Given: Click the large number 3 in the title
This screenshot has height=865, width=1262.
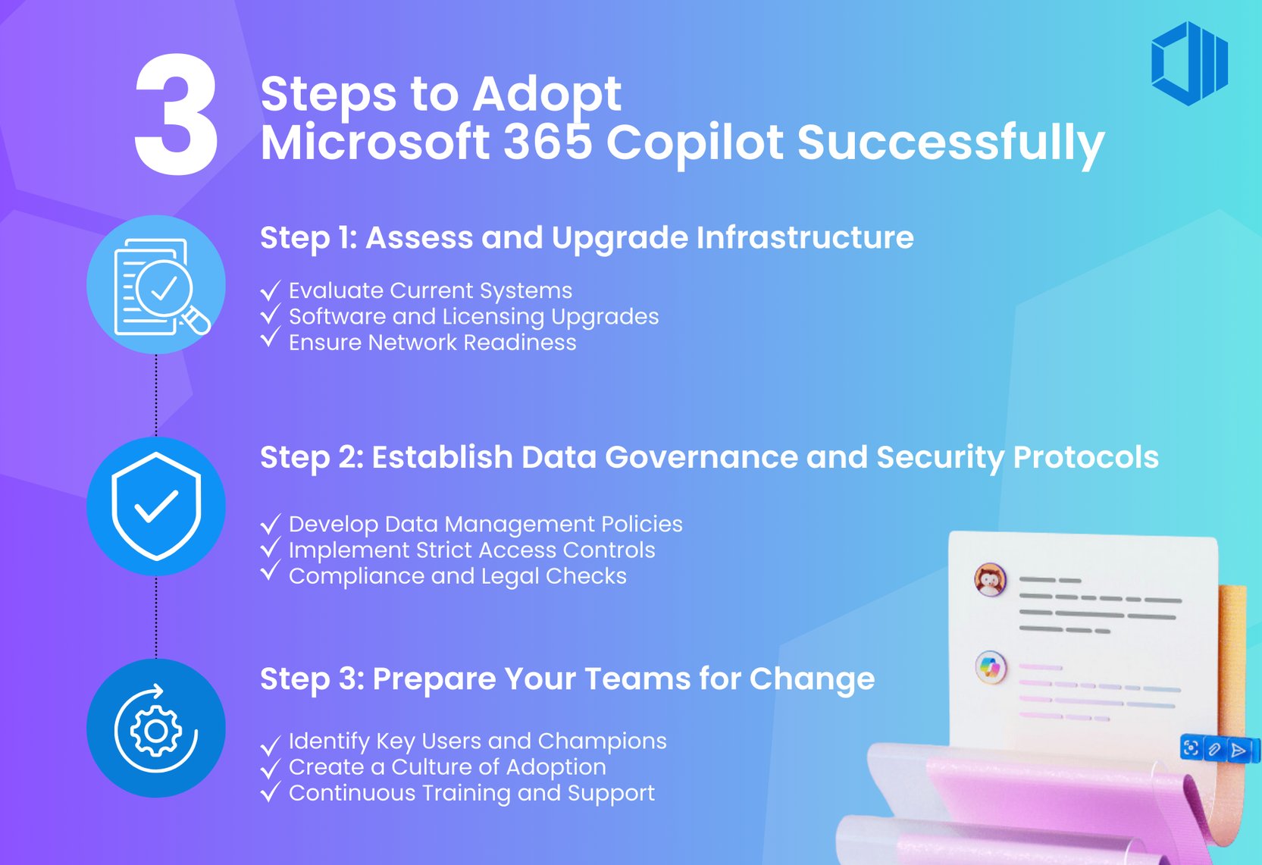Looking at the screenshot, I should (177, 115).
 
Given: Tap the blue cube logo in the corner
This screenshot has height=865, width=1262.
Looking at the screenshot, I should (1188, 63).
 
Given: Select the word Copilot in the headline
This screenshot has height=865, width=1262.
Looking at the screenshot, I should (695, 143).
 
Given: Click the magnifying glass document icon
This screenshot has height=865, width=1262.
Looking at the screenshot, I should (156, 285).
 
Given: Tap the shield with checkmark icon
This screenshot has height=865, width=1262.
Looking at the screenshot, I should (156, 506).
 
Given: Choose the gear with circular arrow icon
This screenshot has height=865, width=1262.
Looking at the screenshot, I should (156, 729).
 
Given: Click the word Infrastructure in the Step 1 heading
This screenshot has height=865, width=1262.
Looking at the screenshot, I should (805, 238).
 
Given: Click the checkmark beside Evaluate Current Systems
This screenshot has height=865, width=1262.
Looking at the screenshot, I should (270, 291).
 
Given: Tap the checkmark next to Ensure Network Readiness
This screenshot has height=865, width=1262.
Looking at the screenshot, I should (270, 338).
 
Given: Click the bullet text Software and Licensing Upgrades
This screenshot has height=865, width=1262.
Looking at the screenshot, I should (474, 317).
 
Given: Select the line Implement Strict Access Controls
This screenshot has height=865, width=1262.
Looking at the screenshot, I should (471, 550).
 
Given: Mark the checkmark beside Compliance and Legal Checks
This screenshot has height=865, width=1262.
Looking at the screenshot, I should (270, 572).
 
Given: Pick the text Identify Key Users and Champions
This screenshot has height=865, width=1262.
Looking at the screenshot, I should (478, 741).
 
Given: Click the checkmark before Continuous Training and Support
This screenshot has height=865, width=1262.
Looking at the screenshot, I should (270, 793).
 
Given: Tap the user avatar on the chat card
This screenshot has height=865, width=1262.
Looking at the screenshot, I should (990, 581).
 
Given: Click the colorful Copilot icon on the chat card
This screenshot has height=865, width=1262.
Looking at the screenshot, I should (990, 668).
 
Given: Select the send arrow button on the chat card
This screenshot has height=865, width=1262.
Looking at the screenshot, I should (1239, 750).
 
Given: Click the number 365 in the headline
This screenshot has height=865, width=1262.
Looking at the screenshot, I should (547, 143).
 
